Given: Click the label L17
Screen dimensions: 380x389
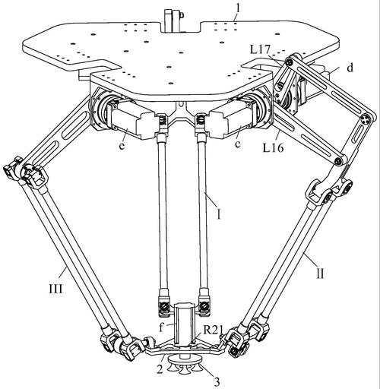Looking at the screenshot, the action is coord(261,49).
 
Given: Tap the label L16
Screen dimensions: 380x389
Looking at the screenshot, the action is coord(273,148).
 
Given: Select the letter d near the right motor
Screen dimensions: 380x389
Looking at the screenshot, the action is coord(350,68).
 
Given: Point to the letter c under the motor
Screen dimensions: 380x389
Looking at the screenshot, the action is coord(237,144).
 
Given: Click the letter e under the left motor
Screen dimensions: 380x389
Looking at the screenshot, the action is coord(122,145).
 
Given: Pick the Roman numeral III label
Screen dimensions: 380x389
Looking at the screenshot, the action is coord(55,288).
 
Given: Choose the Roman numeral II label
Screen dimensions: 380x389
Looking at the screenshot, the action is coord(321,274).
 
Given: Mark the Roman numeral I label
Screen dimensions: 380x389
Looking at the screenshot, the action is coord(218,214).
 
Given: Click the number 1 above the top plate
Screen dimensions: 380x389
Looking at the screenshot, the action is coord(237,9).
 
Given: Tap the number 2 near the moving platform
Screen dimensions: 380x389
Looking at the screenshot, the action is coord(160,368).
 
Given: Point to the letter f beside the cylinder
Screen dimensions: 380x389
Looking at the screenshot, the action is coord(161,327).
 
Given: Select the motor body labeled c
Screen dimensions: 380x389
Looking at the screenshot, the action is coord(233,118).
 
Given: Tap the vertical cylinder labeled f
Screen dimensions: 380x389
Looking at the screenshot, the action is coord(183,324).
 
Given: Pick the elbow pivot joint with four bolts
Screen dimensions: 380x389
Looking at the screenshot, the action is coord(366,119).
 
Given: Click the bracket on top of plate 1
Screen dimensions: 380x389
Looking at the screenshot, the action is coord(173,21).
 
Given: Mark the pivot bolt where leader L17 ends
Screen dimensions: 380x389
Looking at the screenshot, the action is coord(290,62).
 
